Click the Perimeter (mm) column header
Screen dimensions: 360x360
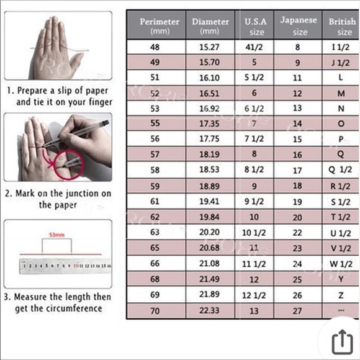160,26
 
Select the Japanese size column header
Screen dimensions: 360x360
299,25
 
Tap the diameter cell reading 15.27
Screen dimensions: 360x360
209,47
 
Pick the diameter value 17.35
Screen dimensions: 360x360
209,124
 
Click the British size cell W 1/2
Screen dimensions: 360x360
341,264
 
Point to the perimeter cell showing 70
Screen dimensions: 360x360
155,311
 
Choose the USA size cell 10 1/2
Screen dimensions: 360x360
254,233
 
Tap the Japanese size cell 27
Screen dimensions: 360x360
297,311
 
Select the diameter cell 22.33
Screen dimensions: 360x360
209,310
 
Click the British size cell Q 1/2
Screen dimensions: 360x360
340,169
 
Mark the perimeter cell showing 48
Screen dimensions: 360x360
155,47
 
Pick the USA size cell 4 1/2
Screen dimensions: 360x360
254,47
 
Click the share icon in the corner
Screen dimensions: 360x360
342,342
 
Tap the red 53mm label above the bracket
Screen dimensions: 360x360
57,235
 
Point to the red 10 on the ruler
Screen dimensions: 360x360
76,266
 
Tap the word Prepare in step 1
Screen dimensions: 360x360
32,91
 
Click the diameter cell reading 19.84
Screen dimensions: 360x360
209,217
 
